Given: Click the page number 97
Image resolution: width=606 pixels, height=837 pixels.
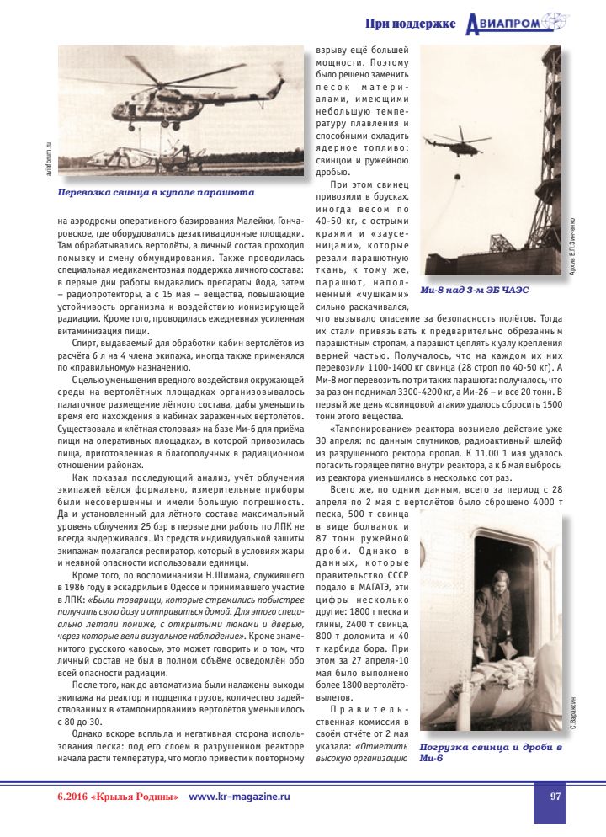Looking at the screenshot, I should [555, 796].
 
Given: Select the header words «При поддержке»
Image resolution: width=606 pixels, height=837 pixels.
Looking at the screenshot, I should [411, 24].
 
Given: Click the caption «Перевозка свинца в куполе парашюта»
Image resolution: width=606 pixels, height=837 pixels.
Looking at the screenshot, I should [150, 192].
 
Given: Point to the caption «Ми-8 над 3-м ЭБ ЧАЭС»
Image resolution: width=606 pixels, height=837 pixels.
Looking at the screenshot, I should [479, 290].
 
